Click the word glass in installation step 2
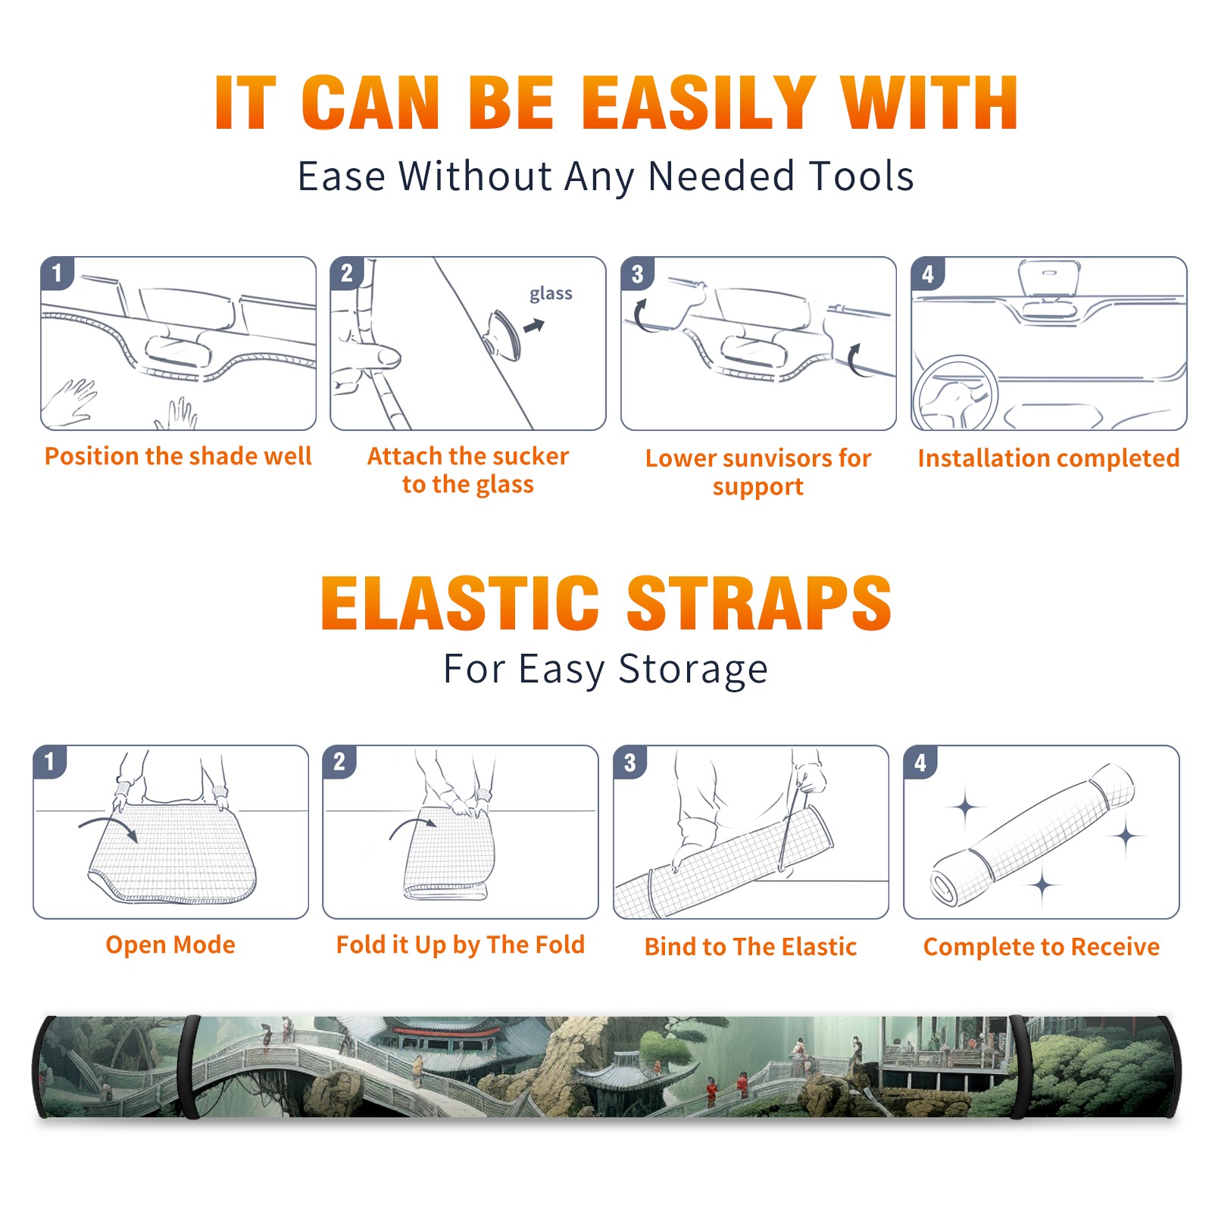(551, 294)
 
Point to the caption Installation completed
(1048, 458)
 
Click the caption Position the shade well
(178, 456)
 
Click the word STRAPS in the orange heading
(759, 603)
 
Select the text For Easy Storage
(605, 670)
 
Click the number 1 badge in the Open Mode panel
(50, 762)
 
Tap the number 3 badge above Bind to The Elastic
(630, 762)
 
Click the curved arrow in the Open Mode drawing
(108, 827)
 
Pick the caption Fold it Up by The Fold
(461, 945)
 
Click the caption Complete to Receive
(1042, 947)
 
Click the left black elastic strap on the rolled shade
(189, 1067)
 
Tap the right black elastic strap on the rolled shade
(1020, 1067)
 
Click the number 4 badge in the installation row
(928, 273)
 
